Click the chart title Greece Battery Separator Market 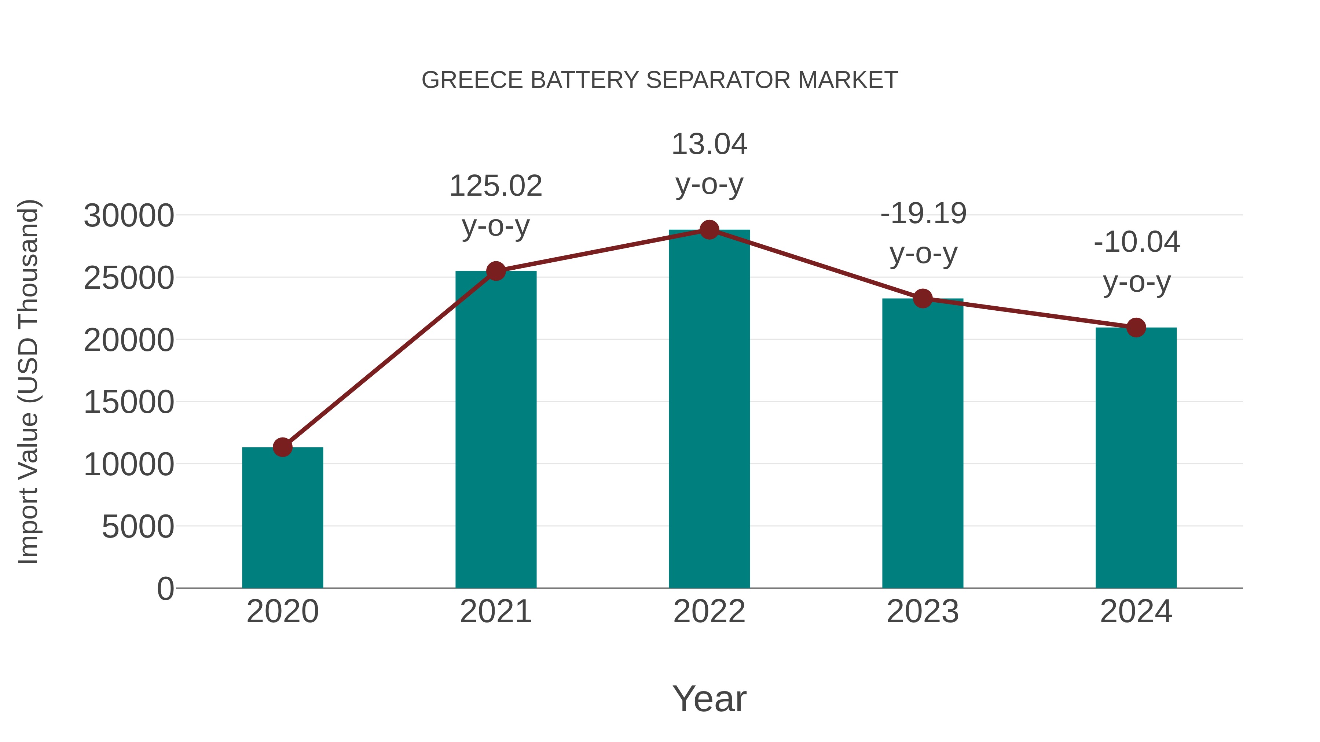660,80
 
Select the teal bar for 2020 282,517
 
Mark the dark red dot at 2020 282,447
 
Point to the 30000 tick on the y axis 129,215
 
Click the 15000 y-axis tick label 129,402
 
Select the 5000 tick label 138,527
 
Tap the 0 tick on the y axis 165,588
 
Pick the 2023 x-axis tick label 923,612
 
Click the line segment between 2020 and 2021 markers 389,359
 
